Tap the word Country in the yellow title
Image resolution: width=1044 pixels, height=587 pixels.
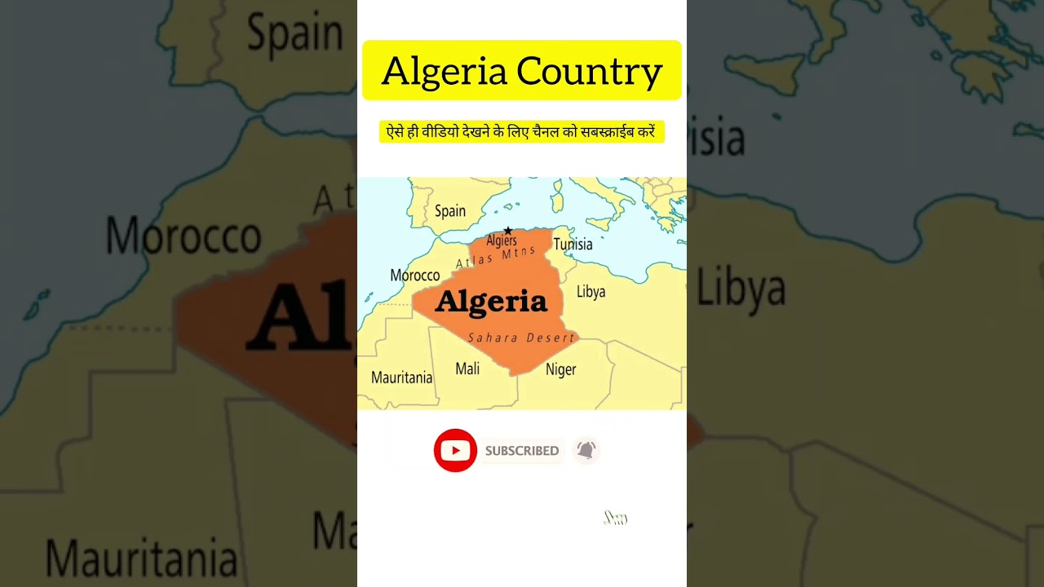[590, 72]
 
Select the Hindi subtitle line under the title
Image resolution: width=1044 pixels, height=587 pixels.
[521, 131]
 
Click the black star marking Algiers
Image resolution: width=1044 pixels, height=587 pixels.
[507, 231]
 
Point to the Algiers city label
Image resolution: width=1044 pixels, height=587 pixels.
[502, 241]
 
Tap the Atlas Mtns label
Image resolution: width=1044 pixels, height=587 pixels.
[496, 257]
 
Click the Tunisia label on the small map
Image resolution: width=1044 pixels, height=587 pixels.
[573, 244]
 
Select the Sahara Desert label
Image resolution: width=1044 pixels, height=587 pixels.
[521, 338]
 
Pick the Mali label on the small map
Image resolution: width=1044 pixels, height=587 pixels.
[467, 369]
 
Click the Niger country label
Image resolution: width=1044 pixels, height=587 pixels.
[561, 369]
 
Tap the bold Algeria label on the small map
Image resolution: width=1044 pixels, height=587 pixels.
[491, 302]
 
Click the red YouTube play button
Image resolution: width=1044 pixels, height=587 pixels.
[455, 450]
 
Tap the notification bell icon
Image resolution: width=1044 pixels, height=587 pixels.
[586, 449]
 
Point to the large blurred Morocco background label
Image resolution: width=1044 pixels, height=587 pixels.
[184, 236]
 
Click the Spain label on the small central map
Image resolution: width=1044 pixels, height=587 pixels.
[450, 211]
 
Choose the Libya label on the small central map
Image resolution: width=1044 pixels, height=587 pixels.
[591, 291]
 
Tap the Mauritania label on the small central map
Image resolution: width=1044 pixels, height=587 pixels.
[401, 377]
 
